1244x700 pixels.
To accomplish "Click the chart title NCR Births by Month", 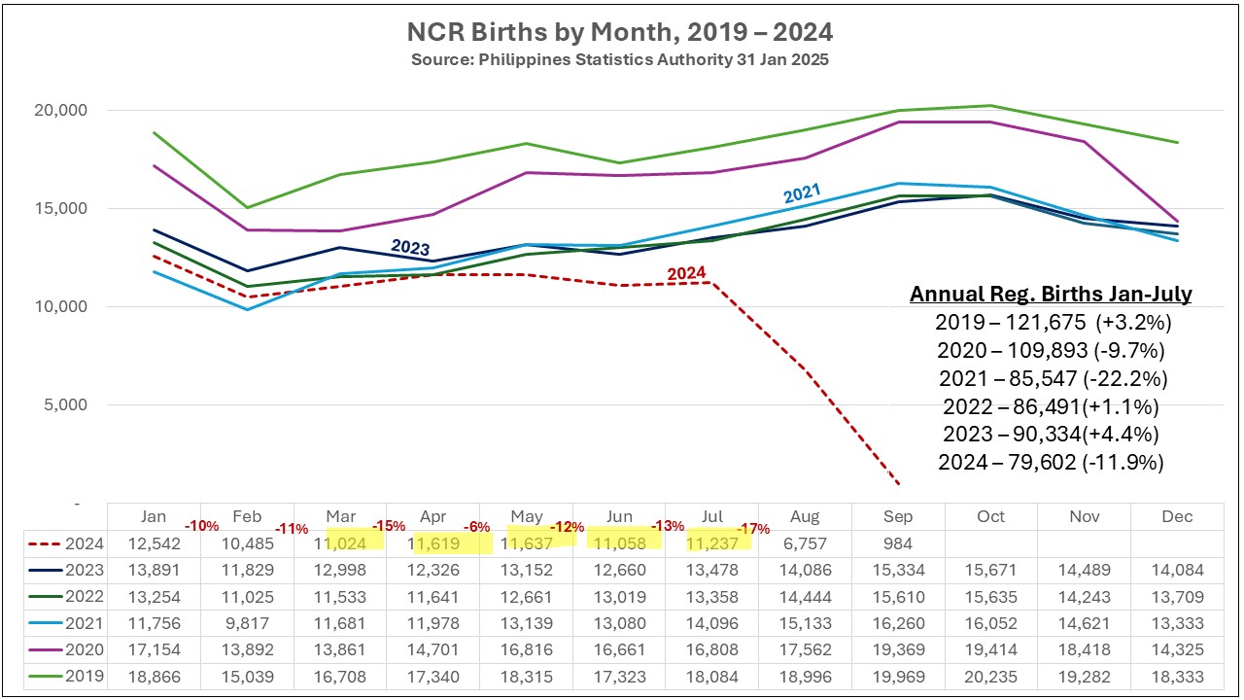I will coord(619,33).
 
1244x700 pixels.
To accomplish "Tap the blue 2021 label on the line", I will coord(803,192).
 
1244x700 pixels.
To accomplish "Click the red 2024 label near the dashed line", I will coord(686,275).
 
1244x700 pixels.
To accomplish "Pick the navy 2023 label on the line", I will coord(410,247).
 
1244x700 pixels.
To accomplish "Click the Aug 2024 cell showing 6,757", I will coord(805,543).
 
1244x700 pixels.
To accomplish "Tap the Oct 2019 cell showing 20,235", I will coord(990,677).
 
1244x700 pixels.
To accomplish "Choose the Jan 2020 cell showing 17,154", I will coord(155,650).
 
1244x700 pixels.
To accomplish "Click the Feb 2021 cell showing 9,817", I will coord(248,624).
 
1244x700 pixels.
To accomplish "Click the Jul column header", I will coord(711,516).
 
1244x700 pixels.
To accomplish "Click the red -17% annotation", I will coord(754,530).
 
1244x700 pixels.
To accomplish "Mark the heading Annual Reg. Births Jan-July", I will coord(1051,295).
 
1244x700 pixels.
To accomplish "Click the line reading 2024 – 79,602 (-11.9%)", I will coord(1051,463).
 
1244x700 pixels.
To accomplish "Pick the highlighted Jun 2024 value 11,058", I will coord(619,543).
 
